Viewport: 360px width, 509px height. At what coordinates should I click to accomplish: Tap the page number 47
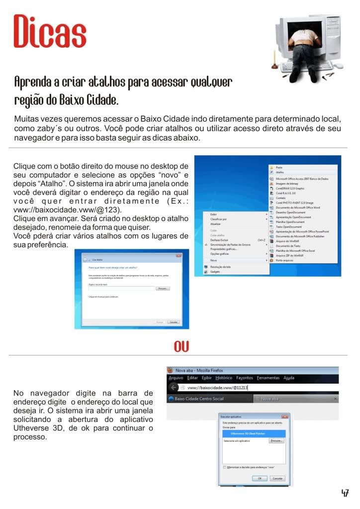(x=345, y=493)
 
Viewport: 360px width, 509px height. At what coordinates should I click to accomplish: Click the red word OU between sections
(x=181, y=346)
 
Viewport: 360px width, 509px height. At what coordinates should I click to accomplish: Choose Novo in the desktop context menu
(x=214, y=260)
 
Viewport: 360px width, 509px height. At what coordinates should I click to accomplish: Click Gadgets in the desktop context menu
(x=215, y=272)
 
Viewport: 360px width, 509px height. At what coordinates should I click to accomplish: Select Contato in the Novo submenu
(x=281, y=198)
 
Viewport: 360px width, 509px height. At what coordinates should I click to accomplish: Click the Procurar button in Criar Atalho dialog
(x=163, y=288)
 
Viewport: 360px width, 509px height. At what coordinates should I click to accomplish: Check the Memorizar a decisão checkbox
(x=225, y=467)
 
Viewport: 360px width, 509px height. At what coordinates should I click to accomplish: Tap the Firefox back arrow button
(x=174, y=387)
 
